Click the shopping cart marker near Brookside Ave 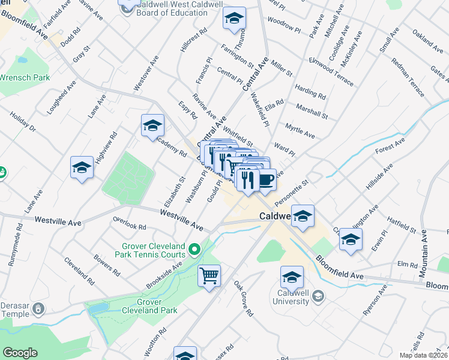(209, 276)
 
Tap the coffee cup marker (267, 179)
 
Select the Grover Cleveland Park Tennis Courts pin (194, 248)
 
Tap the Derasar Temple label (17, 309)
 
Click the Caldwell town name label (275, 216)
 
